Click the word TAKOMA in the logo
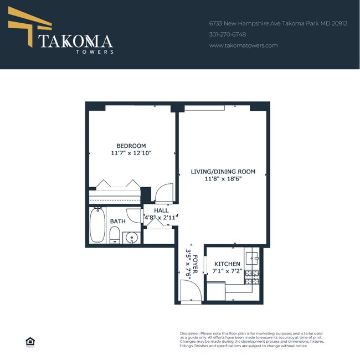pos(75,41)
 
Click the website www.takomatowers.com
pos(243,45)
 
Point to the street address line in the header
pos(277,24)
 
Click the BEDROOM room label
pos(131,146)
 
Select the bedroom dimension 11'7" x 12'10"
pos(131,153)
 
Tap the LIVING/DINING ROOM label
pos(223,172)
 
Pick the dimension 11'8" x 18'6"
pos(223,179)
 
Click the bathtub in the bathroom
pos(97,225)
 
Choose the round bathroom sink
pos(132,238)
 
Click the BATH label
pos(117,222)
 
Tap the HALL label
pos(161,210)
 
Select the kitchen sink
pos(252,257)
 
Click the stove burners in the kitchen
pos(253,277)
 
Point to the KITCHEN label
pos(227,264)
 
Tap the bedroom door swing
pos(164,194)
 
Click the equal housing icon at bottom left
pos(30,341)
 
